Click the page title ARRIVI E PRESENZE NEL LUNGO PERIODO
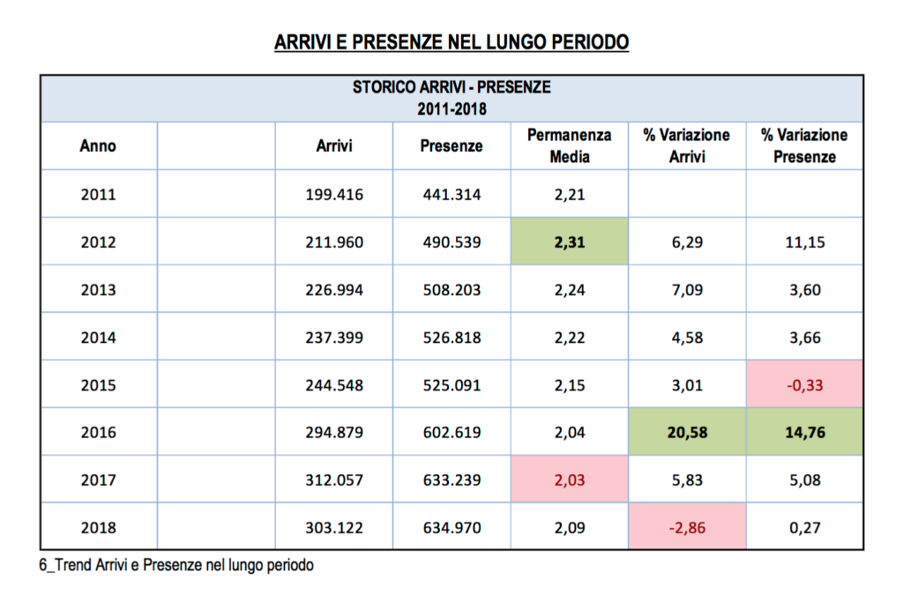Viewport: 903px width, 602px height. pyautogui.click(x=451, y=42)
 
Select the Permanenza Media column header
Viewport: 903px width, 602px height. pyautogui.click(x=569, y=145)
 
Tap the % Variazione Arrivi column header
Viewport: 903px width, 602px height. pyautogui.click(x=686, y=145)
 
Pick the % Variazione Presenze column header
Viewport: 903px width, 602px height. pyautogui.click(x=804, y=145)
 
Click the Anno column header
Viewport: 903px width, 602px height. pyautogui.click(x=98, y=146)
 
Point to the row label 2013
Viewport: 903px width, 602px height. pyautogui.click(x=98, y=289)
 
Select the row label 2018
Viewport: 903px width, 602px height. pyautogui.click(x=98, y=527)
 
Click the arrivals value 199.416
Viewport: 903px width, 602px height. pyautogui.click(x=333, y=194)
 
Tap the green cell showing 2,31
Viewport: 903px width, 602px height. pyautogui.click(x=569, y=242)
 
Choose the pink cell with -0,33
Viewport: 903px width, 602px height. pyautogui.click(x=804, y=384)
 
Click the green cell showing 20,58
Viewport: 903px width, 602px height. pyautogui.click(x=686, y=432)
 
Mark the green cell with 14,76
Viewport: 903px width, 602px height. pyautogui.click(x=804, y=432)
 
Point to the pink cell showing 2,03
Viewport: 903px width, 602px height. pyautogui.click(x=569, y=479)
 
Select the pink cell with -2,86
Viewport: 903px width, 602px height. pyautogui.click(x=686, y=527)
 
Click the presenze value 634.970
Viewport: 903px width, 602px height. pyautogui.click(x=451, y=527)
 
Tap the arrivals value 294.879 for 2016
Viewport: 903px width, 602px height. pyautogui.click(x=333, y=432)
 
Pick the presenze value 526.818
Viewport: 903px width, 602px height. pyautogui.click(x=451, y=337)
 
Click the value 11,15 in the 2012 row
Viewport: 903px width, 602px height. pyautogui.click(x=804, y=242)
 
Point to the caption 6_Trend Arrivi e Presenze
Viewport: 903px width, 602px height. pyautogui.click(x=176, y=565)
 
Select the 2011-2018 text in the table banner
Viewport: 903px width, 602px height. pyautogui.click(x=451, y=109)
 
